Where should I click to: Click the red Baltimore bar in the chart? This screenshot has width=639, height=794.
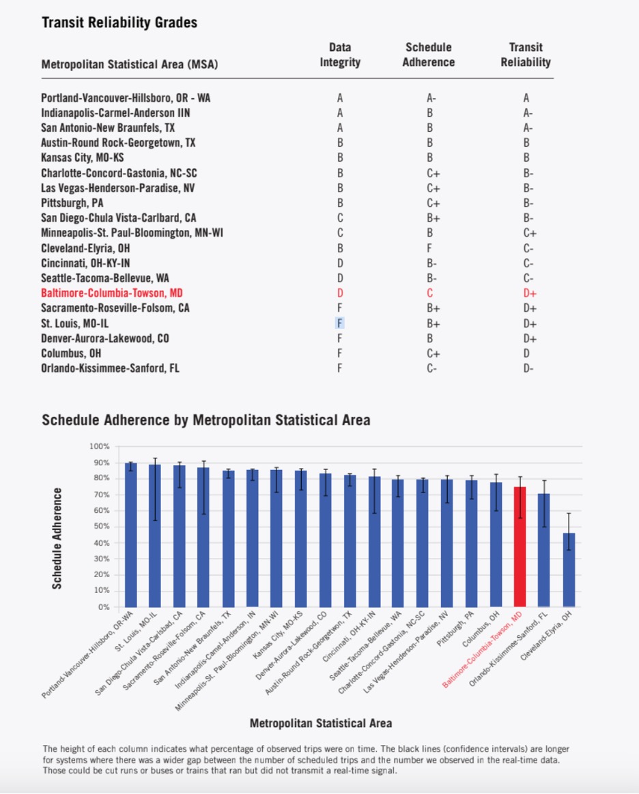coord(520,547)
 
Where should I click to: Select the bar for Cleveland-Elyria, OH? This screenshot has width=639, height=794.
coord(569,570)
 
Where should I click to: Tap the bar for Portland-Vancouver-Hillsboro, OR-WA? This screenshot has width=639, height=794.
coord(131,535)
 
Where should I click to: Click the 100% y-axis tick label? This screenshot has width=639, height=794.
coord(99,447)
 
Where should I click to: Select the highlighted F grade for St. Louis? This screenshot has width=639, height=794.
coord(339,323)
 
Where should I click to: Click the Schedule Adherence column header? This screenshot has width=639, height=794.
coord(429,55)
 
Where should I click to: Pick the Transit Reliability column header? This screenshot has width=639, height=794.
coord(526,55)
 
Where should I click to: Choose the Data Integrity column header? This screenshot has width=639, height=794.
coord(340,55)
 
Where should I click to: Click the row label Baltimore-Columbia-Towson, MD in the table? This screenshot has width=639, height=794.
coord(112,293)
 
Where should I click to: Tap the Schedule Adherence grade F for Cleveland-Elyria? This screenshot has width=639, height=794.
coord(429,248)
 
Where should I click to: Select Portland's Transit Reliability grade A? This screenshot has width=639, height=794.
coord(526,98)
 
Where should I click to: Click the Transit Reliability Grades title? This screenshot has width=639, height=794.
coord(119,23)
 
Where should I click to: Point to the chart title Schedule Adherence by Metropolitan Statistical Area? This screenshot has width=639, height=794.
coord(206,420)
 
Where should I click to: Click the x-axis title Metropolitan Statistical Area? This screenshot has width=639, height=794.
coord(321,723)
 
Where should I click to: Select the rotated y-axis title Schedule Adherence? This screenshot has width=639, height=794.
coord(57,538)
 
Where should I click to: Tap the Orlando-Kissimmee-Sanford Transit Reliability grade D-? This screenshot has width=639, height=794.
coord(528,368)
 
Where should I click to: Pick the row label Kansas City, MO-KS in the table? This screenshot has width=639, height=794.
coord(83,158)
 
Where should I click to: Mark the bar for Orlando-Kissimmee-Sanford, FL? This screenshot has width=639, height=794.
coord(543,550)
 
